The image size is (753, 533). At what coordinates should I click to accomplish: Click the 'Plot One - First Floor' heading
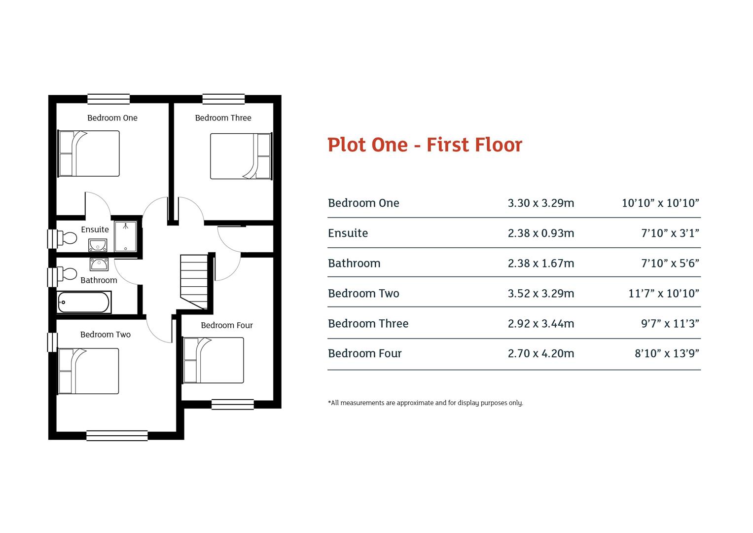425,145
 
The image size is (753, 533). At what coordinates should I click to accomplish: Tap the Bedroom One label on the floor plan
112,118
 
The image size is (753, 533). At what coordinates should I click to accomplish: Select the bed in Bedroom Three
241,156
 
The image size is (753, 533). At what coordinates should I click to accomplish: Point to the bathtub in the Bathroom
84,302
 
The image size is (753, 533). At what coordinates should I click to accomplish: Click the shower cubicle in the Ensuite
126,236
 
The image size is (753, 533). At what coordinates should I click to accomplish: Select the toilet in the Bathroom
67,274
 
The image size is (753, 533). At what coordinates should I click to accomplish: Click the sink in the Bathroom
99,264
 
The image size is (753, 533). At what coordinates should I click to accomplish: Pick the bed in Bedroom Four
214,360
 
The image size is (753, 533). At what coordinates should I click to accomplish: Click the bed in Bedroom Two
89,371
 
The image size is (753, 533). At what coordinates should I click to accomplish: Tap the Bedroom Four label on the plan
227,325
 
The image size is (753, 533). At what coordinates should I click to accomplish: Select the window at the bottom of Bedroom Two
117,435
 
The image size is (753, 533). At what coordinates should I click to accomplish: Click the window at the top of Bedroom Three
223,99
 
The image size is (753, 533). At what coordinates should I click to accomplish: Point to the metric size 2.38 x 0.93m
541,233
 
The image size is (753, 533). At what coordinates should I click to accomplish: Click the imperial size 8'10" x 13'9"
667,353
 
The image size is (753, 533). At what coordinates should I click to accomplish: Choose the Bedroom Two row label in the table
363,293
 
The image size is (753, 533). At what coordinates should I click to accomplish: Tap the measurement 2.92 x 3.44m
541,323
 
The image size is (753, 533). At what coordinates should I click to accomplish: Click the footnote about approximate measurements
425,403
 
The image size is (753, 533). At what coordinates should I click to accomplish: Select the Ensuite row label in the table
348,233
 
